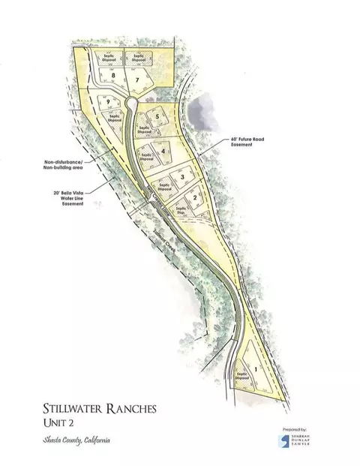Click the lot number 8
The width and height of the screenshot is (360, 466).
coord(113,76)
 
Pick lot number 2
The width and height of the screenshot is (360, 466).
coord(195,197)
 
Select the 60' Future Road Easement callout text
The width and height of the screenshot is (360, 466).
coord(247,143)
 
